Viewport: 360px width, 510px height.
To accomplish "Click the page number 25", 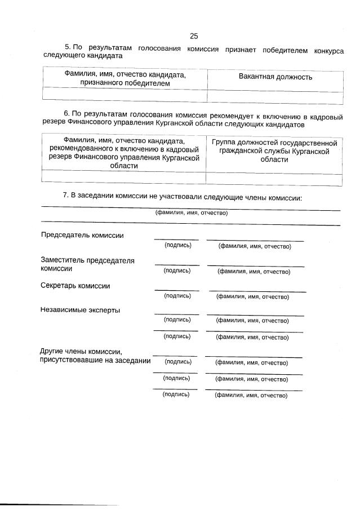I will (194, 36).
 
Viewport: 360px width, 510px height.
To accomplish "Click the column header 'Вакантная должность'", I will (275, 77).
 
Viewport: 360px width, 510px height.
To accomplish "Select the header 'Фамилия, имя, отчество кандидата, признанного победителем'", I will (125, 79).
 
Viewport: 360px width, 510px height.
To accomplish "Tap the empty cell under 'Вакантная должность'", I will (275, 97).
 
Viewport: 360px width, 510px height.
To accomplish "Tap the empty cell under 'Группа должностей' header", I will (274, 179).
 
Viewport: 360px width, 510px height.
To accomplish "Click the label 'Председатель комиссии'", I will (82, 236).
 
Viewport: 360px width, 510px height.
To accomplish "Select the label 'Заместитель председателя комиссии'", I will (87, 264).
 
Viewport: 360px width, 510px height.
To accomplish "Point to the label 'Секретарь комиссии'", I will (75, 286).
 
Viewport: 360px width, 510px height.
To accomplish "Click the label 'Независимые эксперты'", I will (80, 310).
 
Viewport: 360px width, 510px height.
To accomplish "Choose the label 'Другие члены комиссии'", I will (82, 352).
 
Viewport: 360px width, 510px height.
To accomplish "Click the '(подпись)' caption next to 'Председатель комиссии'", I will (177, 245).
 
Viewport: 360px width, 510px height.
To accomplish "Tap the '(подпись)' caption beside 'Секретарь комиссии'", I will (177, 295).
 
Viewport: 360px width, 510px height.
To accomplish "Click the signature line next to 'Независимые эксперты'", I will (176, 314).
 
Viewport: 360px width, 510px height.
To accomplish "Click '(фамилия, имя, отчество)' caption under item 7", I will (191, 213).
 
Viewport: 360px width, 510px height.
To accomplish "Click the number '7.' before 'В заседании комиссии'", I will (65, 196).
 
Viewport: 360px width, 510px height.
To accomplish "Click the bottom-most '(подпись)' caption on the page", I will (176, 394).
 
